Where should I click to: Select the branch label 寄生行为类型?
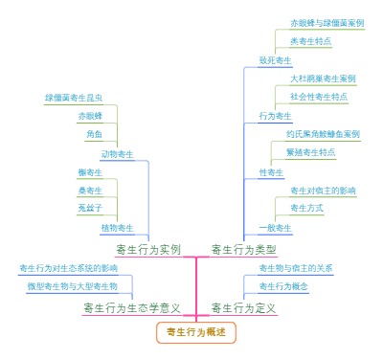(243, 249)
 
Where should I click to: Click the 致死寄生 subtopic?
(275, 60)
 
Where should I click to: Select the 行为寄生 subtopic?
(275, 116)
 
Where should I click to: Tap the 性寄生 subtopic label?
(271, 171)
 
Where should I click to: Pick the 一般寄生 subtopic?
(275, 227)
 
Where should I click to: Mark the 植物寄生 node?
(117, 227)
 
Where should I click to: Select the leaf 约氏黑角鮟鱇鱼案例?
(323, 134)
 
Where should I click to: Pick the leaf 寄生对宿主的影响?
(323, 190)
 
